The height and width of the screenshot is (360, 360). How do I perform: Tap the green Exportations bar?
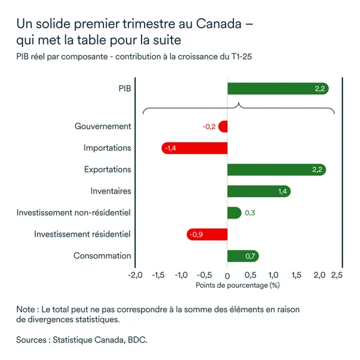[x=276, y=170]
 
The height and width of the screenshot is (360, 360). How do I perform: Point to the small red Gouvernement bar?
[x=223, y=126]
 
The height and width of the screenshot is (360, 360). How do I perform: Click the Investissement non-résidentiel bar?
[x=234, y=213]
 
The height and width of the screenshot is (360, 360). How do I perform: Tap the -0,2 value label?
[x=209, y=126]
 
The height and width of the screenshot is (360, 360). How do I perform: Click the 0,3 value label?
[x=249, y=213]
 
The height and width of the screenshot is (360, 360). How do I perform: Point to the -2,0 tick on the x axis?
[x=135, y=275]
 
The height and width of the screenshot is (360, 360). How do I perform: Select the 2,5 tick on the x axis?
[x=337, y=275]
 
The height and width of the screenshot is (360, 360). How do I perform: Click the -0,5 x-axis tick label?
[x=204, y=275]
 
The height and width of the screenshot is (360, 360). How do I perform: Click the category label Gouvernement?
[x=103, y=126]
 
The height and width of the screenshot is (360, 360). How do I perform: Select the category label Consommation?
[x=102, y=255]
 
